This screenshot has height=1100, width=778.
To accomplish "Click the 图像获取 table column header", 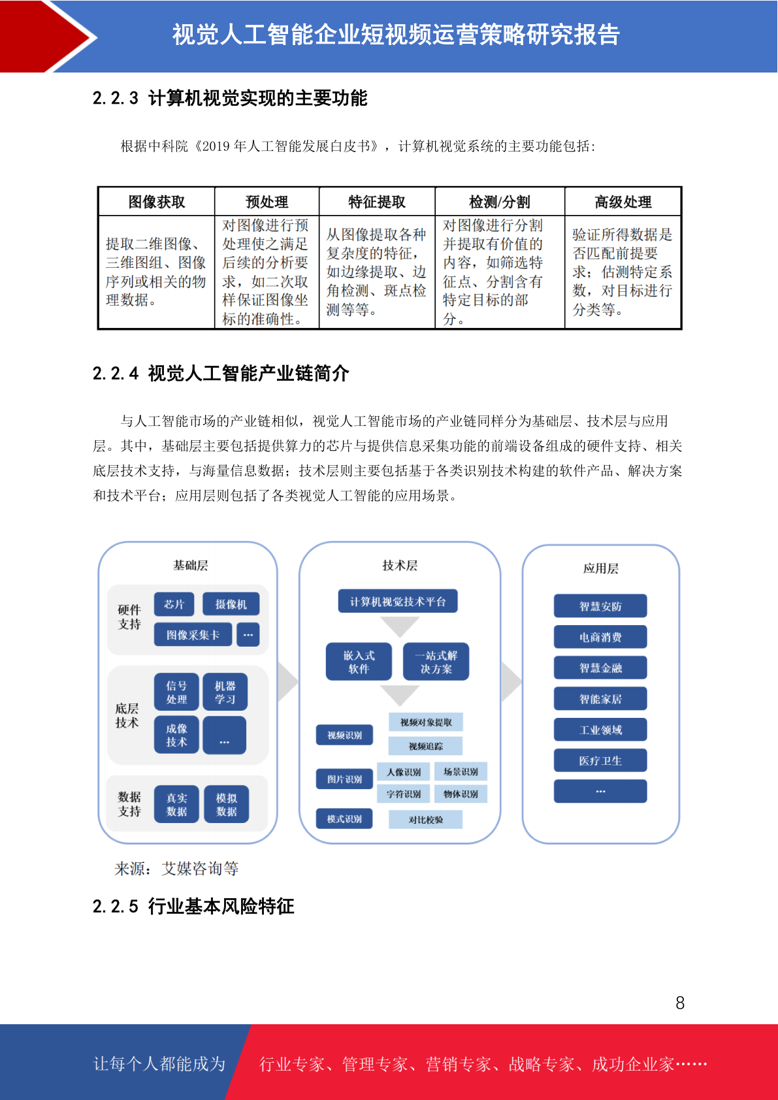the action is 157,202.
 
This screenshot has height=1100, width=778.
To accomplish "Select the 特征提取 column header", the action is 377,202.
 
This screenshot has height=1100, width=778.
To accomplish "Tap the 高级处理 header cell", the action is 623,202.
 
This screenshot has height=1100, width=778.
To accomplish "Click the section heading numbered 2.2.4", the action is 221,374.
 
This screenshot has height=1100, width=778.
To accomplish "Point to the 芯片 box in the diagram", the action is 174,604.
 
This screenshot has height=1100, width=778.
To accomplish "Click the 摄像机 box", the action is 231,604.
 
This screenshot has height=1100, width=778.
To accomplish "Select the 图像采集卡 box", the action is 193,635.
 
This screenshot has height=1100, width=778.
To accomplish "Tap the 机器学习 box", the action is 225,692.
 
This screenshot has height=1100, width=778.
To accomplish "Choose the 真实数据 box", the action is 176,804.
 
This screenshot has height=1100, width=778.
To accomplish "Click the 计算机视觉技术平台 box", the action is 398,601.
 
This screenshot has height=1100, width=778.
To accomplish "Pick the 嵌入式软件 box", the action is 359,662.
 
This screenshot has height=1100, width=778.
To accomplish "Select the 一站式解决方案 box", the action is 436,662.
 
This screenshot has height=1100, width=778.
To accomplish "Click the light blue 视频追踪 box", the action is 425,746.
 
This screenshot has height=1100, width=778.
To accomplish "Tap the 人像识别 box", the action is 403,771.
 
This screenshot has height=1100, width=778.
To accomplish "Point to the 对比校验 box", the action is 425,819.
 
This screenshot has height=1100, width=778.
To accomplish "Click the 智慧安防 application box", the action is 600,606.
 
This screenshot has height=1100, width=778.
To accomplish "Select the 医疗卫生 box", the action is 600,761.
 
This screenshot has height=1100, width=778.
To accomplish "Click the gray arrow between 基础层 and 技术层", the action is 288,681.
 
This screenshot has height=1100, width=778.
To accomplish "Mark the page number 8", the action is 680,1003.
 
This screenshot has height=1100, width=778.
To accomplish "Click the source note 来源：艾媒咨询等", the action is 177,869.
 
